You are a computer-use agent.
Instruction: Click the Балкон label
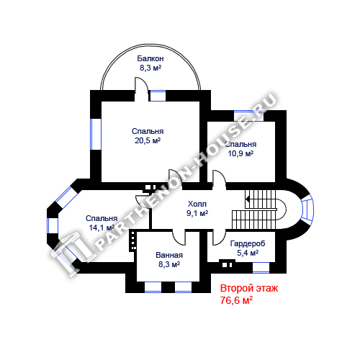point(150,58)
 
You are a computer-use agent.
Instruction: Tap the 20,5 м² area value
point(148,140)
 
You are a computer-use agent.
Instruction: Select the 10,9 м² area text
point(240,153)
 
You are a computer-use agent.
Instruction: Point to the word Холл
point(197,204)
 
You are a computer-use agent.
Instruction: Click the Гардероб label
point(248,243)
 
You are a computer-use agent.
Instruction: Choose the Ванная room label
point(169,255)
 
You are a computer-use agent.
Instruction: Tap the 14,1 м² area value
point(102,228)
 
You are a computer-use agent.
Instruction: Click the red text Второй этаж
point(249,288)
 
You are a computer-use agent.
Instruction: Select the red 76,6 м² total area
point(236,300)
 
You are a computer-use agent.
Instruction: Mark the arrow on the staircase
point(247,199)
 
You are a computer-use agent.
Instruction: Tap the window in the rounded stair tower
point(307,207)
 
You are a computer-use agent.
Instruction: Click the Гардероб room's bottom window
point(261,267)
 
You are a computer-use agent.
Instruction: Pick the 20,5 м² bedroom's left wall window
point(96,134)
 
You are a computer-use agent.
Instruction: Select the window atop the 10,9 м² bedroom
point(248,116)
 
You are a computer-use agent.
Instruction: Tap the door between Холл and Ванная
point(179,237)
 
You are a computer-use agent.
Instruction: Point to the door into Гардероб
point(219,238)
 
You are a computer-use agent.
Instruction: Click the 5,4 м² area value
point(248,253)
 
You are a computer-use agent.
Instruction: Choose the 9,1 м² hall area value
point(197,213)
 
